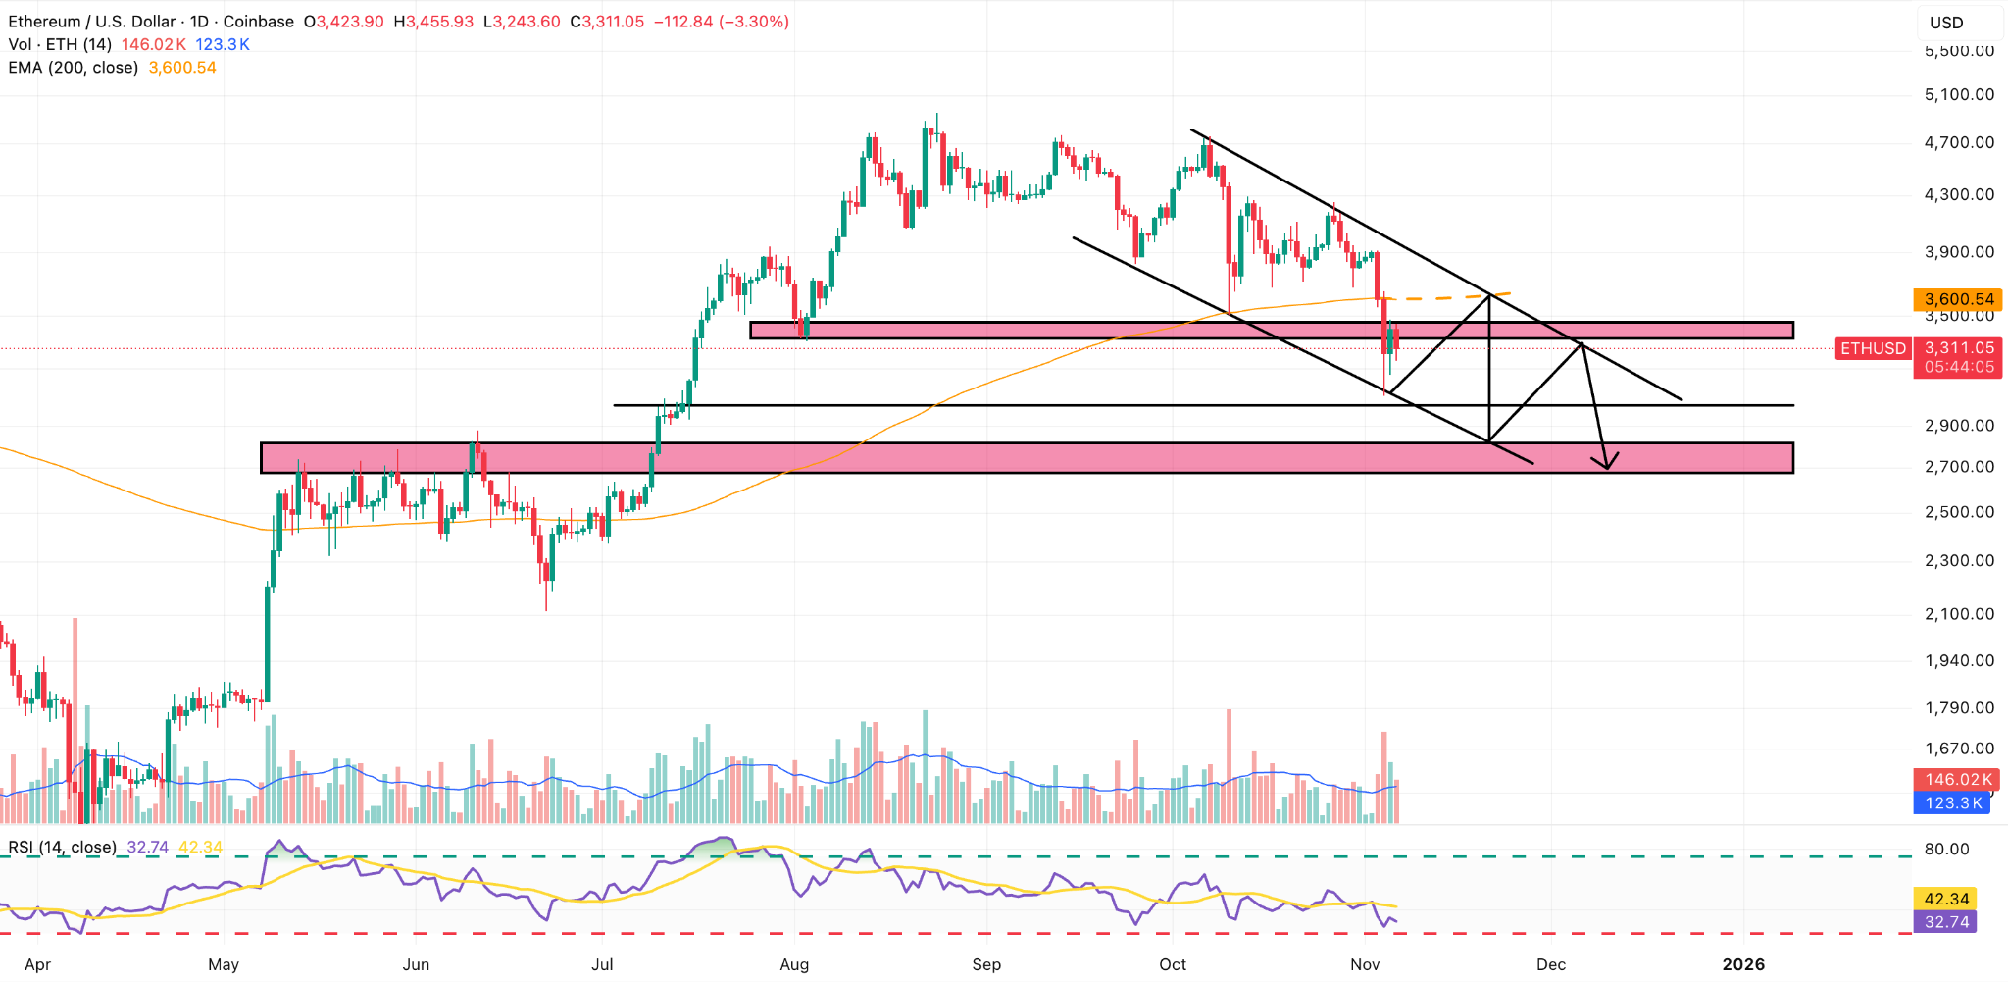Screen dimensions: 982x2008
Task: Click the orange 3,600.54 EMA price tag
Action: (x=1957, y=299)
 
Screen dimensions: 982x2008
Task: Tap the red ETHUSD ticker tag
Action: (x=1873, y=348)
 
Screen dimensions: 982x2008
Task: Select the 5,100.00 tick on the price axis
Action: (x=1959, y=95)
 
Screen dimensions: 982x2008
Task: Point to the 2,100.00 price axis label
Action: (x=1959, y=614)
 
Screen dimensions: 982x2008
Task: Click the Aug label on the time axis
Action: (x=794, y=964)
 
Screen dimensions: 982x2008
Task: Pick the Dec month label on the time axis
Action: (x=1551, y=964)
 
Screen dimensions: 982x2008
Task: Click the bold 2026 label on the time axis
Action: (x=1743, y=964)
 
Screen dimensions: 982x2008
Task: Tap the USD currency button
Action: (x=1946, y=23)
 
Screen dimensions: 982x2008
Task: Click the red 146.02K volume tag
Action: (x=1958, y=779)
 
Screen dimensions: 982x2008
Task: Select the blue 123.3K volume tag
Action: (x=1953, y=802)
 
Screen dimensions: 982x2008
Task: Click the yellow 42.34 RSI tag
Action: (x=1946, y=899)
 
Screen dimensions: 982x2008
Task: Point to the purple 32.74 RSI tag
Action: (x=1946, y=922)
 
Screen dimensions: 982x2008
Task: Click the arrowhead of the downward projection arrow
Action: (x=1606, y=464)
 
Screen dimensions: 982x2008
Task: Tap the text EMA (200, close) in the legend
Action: (x=74, y=68)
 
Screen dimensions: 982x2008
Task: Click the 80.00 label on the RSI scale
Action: (x=1946, y=849)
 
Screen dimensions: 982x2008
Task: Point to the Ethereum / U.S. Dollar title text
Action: (x=94, y=22)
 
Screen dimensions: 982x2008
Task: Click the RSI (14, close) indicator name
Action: (x=63, y=847)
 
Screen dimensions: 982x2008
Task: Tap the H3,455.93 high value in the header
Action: (x=433, y=22)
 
